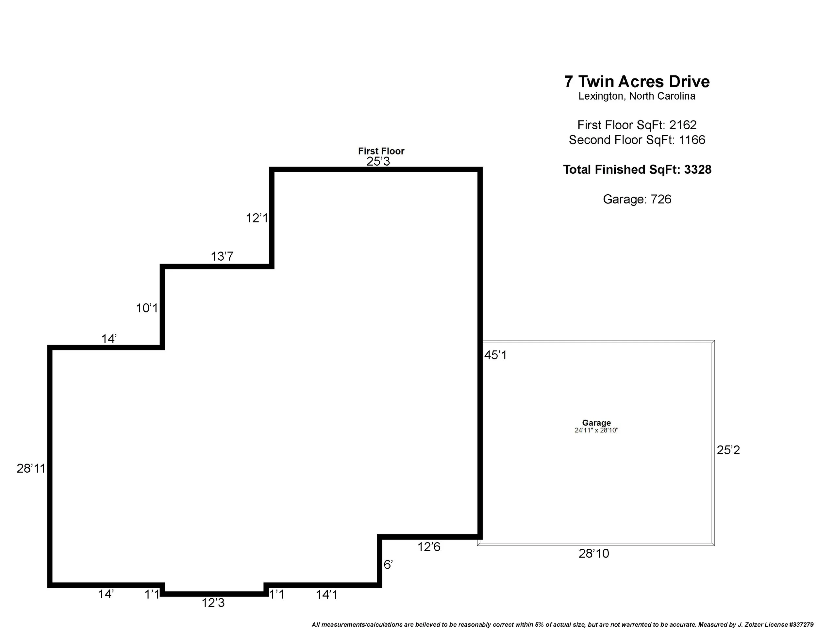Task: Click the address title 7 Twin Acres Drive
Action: point(637,82)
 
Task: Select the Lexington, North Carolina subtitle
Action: point(637,96)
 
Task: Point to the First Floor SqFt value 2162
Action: point(683,125)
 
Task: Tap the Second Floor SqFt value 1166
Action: point(692,140)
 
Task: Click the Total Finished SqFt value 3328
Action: point(698,170)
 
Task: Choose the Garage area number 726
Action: point(661,199)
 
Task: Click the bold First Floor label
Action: point(381,151)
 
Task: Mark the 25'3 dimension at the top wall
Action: point(378,161)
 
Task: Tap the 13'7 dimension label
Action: point(222,256)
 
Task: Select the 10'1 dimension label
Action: point(147,308)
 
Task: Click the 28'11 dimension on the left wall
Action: point(31,468)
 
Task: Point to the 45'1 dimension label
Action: point(496,355)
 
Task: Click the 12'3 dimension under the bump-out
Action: point(213,603)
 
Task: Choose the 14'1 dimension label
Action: point(326,595)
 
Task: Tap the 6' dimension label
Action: point(388,565)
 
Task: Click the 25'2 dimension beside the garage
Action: point(728,450)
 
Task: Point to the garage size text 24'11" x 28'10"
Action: point(596,430)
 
